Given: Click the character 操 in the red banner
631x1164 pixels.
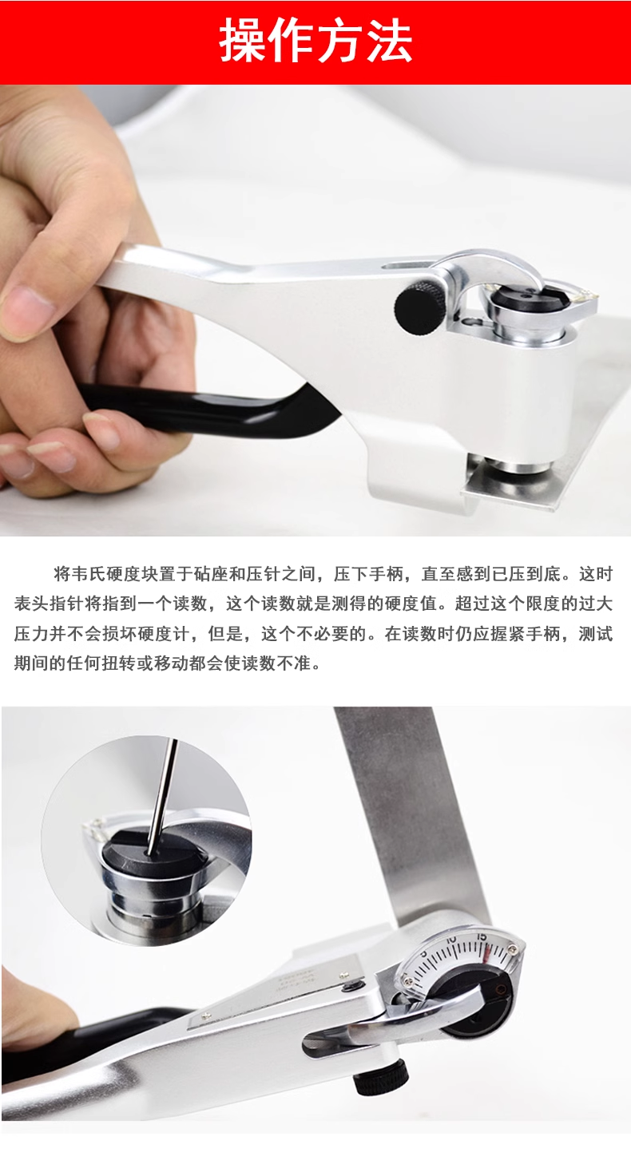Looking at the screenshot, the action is point(244,42).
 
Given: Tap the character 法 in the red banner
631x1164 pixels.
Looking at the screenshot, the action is point(388,42).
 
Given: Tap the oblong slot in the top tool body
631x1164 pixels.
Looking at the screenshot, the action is point(403,267).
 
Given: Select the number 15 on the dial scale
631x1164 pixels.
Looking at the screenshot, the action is point(482,936).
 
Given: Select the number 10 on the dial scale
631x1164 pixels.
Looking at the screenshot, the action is point(450,940).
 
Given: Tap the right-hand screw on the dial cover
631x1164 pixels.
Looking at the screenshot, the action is point(514,949).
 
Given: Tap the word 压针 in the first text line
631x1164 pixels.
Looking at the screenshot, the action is point(263,574).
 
